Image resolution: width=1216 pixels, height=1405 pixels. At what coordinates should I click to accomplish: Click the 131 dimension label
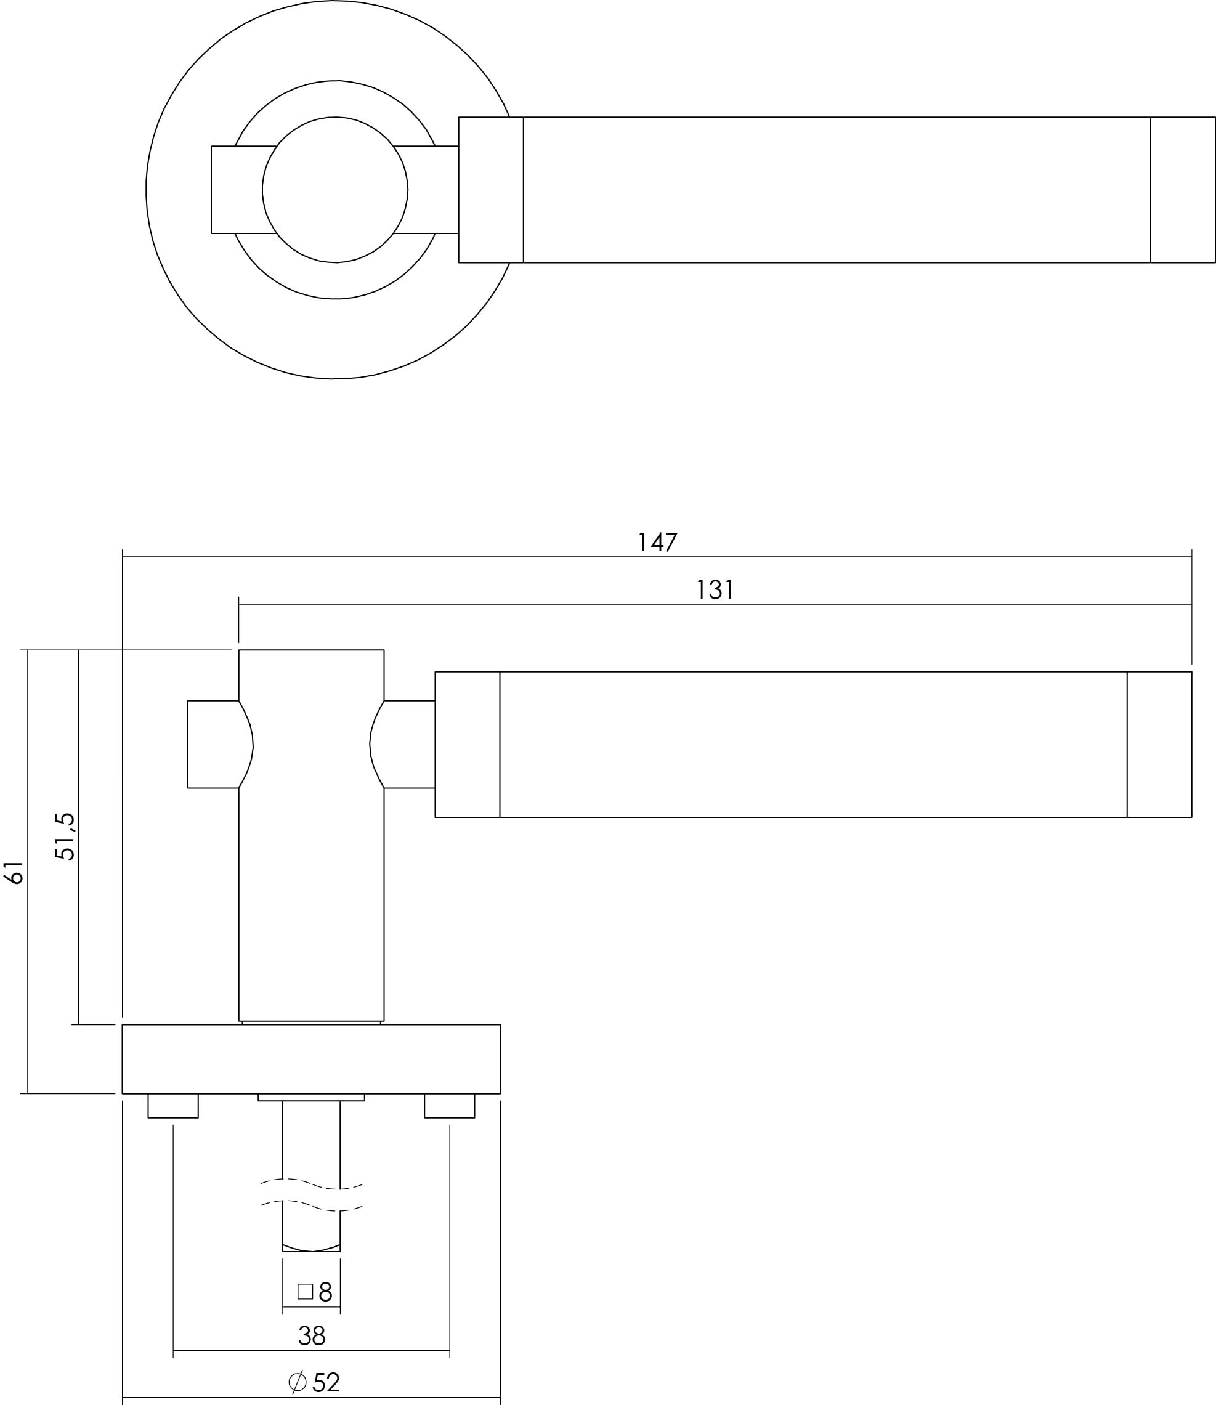click(x=715, y=590)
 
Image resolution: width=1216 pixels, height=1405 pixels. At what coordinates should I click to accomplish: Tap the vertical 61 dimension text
click(x=15, y=872)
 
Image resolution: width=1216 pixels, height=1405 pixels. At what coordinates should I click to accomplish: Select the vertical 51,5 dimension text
click(x=65, y=836)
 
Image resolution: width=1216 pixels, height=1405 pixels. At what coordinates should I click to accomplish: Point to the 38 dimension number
click(x=312, y=1337)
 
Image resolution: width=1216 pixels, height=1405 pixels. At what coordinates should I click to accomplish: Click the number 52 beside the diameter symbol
click(x=326, y=1383)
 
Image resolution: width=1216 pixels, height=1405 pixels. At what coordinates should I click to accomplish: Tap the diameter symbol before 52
click(x=297, y=1382)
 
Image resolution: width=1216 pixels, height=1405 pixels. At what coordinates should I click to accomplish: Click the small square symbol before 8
click(x=306, y=1291)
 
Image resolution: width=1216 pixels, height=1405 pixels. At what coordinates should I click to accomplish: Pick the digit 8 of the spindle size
click(x=325, y=1291)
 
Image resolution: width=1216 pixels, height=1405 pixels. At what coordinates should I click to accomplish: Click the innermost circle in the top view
click(x=335, y=190)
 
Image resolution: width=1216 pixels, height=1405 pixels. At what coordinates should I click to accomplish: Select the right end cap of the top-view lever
click(x=1183, y=190)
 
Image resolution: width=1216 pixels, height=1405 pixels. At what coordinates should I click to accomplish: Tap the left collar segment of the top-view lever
click(x=490, y=190)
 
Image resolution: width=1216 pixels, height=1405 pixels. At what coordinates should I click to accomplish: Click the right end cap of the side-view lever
click(x=1159, y=744)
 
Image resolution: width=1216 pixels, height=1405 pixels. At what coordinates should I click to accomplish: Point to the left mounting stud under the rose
click(x=173, y=1106)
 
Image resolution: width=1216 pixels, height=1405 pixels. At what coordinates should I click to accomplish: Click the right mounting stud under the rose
click(x=449, y=1106)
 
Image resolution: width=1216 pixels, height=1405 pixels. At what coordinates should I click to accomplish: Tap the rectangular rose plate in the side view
click(x=312, y=1059)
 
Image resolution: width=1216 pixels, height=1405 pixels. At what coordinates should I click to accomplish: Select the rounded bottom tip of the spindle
click(x=312, y=1249)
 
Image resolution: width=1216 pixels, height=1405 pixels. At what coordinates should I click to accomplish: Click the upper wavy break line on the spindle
click(x=312, y=1184)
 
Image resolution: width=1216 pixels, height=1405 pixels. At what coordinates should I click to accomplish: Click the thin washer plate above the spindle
click(x=312, y=1097)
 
